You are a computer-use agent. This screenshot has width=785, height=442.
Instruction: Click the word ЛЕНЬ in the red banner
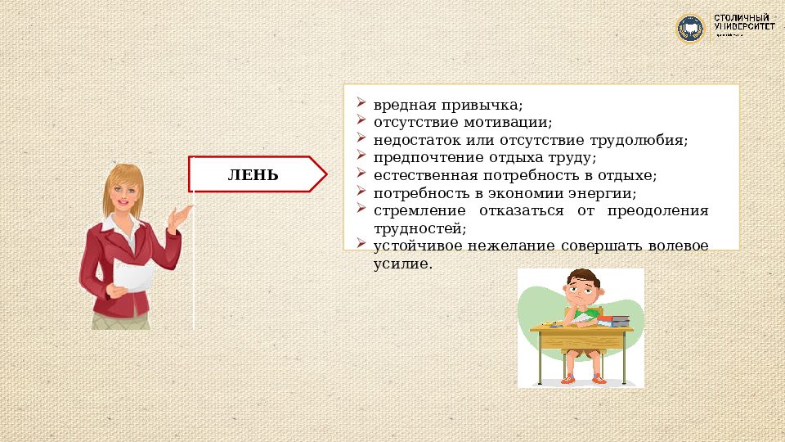[x=253, y=174]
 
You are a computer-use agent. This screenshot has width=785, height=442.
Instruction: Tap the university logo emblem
[x=690, y=29]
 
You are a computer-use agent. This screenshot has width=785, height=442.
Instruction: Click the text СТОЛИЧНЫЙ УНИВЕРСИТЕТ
[x=744, y=23]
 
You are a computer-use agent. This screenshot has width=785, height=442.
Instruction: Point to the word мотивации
[x=516, y=123]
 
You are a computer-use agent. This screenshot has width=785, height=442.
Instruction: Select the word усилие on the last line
[x=401, y=264]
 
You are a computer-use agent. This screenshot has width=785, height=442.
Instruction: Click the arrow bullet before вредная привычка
[x=361, y=105]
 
